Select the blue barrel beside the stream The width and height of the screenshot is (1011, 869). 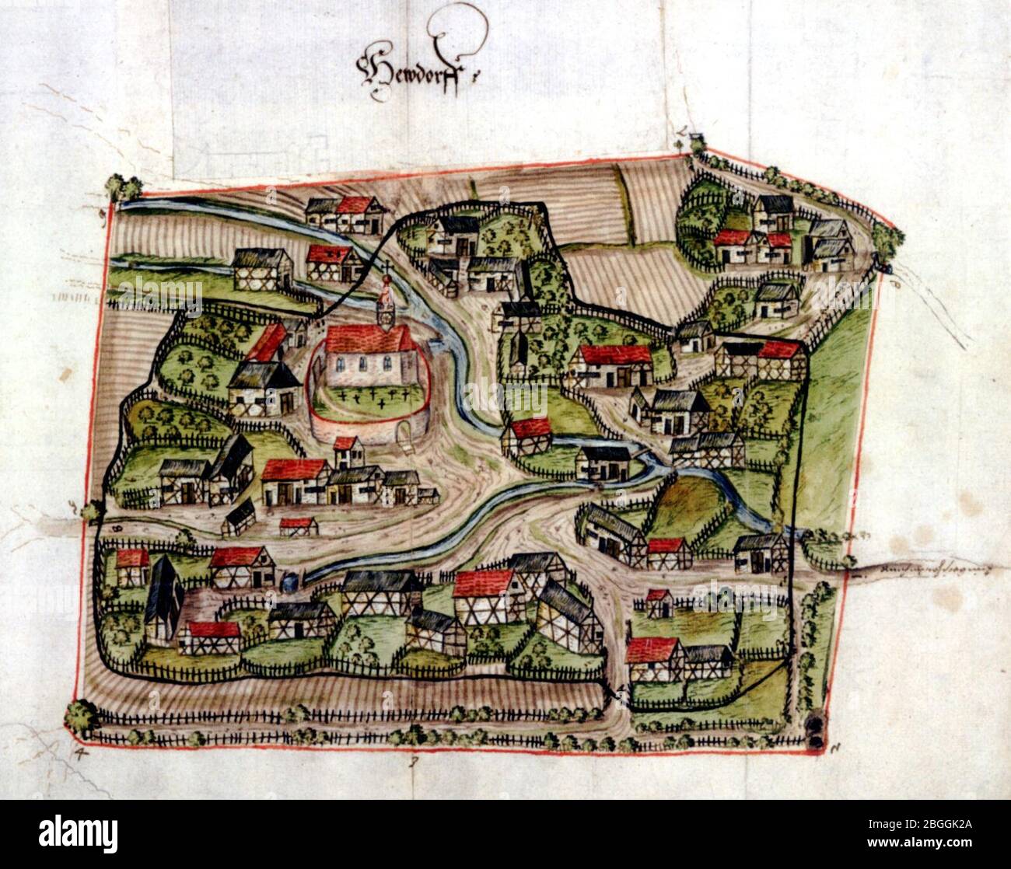point(291,579)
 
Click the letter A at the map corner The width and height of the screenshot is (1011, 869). point(79,752)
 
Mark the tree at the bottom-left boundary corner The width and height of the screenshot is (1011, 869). point(80,717)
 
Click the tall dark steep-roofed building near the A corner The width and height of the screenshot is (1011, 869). point(163,595)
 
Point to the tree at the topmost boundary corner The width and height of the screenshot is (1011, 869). point(696,144)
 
